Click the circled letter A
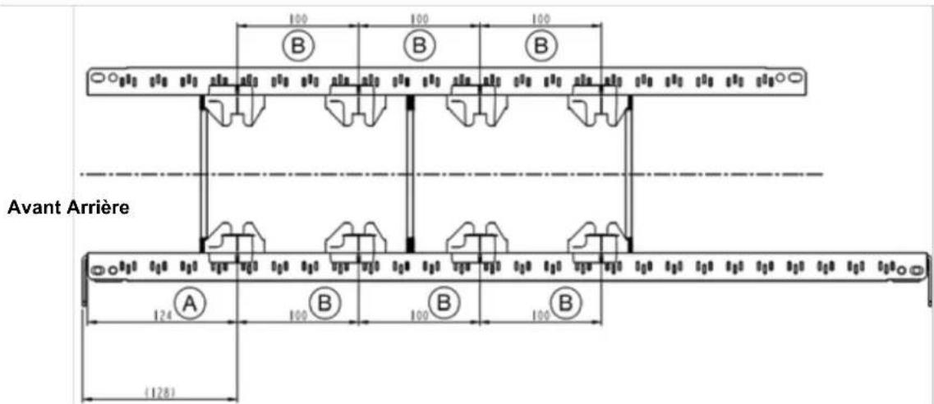tap(191, 305)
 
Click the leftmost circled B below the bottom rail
tap(324, 305)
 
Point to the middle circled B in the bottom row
tap(444, 305)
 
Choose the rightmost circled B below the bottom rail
tap(565, 305)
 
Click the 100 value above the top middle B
tap(419, 16)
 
